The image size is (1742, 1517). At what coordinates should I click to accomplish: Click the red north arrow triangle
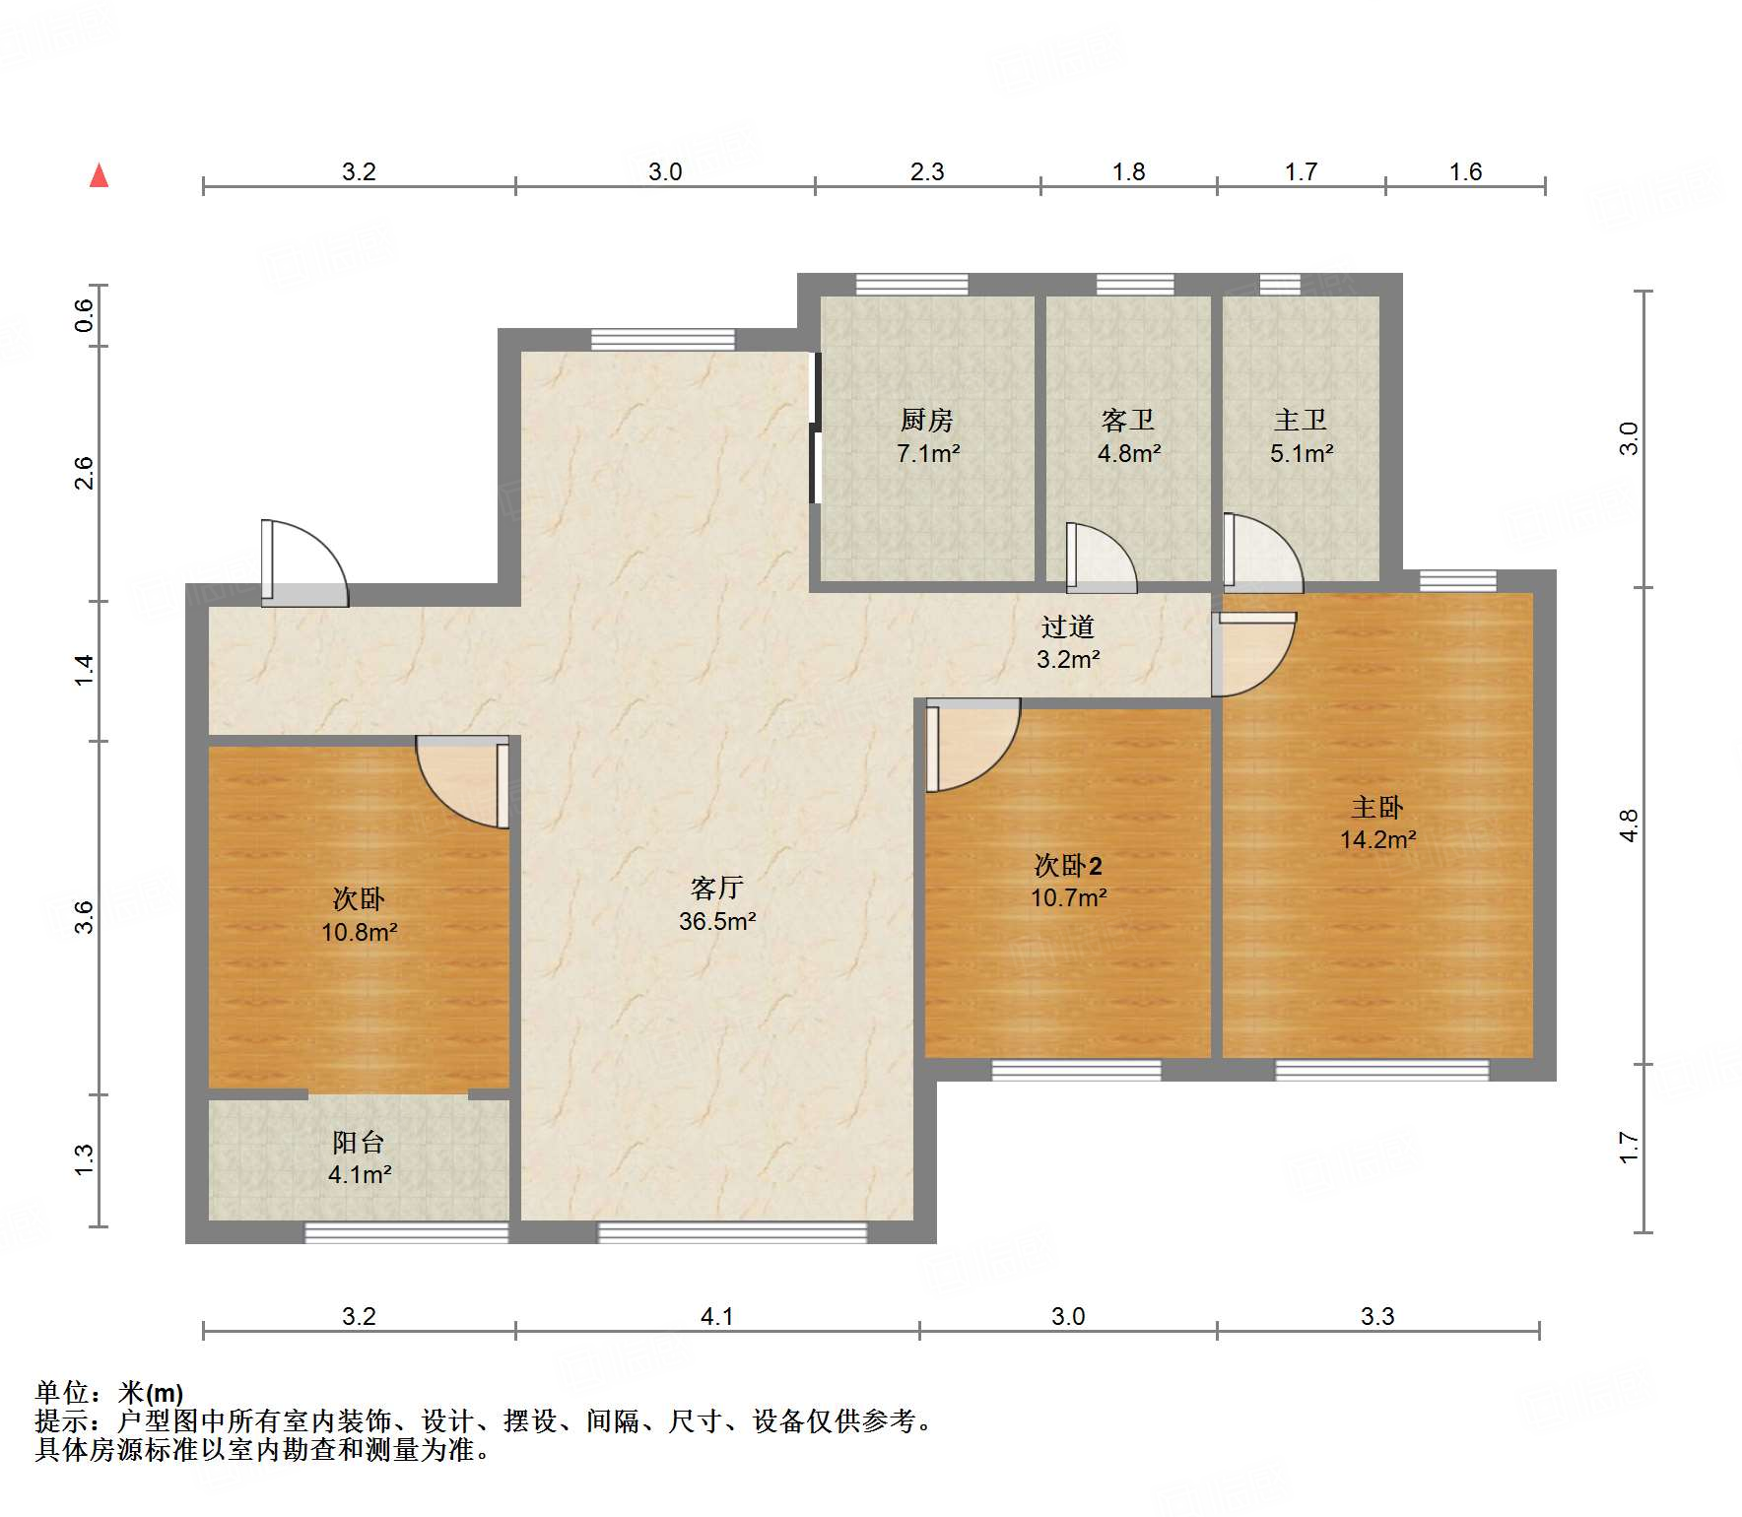(x=99, y=175)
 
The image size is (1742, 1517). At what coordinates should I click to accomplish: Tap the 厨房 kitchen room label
(x=926, y=421)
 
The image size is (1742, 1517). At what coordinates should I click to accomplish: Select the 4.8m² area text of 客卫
(x=1129, y=453)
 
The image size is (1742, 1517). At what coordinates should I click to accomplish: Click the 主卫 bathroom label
(x=1300, y=421)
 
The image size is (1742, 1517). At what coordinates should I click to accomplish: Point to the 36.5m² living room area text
(x=717, y=921)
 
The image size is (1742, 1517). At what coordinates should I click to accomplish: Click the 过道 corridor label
(x=1067, y=627)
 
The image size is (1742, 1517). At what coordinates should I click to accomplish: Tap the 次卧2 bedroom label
(x=1068, y=865)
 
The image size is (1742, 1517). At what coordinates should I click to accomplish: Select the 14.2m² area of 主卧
(x=1377, y=839)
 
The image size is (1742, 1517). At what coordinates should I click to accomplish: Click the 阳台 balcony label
(x=358, y=1142)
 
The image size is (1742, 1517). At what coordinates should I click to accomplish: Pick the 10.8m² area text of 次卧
(x=359, y=931)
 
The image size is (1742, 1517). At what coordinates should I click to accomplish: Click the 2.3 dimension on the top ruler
(x=926, y=172)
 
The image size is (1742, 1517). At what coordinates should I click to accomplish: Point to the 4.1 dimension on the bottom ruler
(x=716, y=1316)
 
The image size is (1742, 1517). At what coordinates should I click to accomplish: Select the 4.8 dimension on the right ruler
(x=1629, y=824)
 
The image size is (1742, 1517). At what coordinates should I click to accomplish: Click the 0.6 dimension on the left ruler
(x=85, y=314)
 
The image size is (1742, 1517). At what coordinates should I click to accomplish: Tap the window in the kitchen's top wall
(x=911, y=285)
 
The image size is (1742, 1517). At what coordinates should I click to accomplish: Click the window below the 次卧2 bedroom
(x=1076, y=1070)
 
